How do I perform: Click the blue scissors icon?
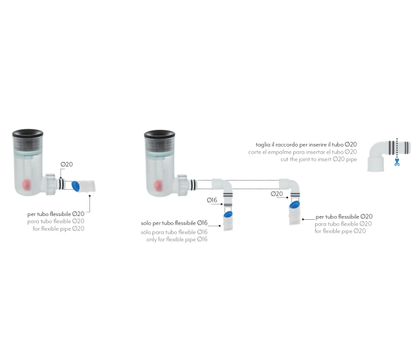click(397, 162)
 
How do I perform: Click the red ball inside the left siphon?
click(27, 184)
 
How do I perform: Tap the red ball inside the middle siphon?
click(158, 185)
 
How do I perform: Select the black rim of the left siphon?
click(28, 133)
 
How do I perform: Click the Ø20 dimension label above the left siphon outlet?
click(66, 165)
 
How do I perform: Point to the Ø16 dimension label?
click(212, 200)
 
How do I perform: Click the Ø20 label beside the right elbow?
click(277, 194)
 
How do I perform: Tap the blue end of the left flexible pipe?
click(76, 186)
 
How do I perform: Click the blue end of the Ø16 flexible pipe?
click(228, 214)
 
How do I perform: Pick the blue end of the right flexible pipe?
click(295, 204)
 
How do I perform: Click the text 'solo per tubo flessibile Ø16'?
click(174, 223)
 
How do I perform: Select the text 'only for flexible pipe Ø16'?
click(177, 239)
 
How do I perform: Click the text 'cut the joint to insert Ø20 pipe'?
click(318, 159)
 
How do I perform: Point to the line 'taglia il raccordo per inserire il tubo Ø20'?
click(306, 145)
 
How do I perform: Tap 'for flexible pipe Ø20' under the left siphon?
click(59, 229)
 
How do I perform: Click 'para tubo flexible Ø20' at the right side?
click(343, 224)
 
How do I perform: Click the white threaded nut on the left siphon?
click(50, 184)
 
